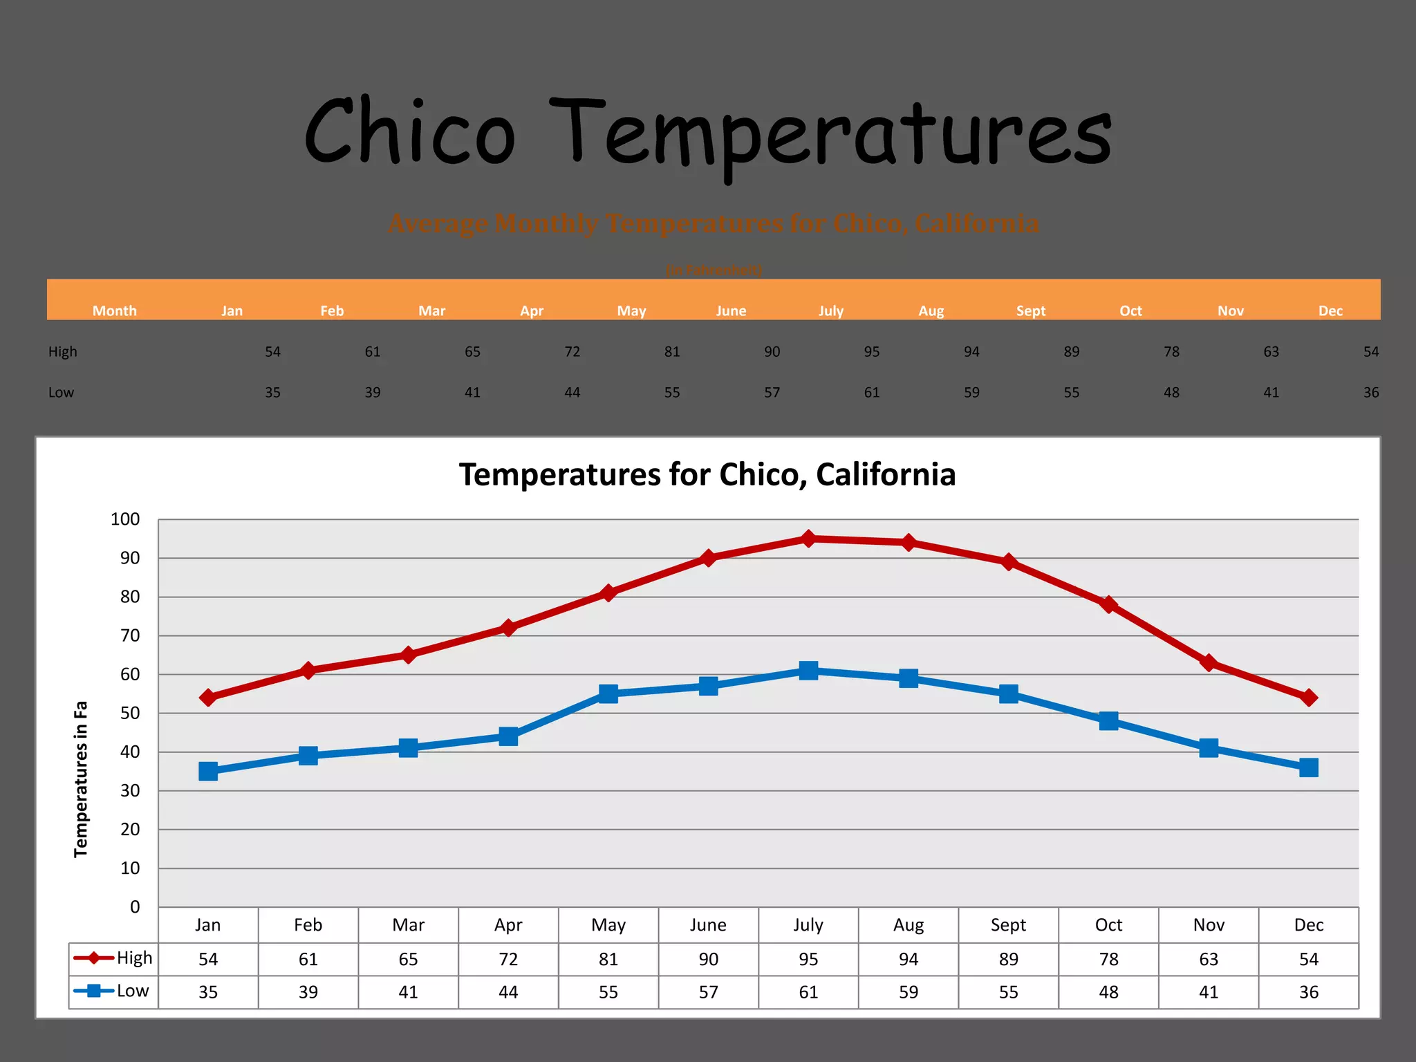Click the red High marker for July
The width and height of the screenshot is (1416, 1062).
click(x=808, y=539)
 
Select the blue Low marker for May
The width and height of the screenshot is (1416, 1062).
click(x=608, y=693)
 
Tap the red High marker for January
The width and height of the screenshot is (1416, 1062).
click(x=208, y=698)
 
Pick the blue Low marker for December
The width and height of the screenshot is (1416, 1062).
click(x=1308, y=767)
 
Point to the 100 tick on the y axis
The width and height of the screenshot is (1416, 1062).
click(x=125, y=519)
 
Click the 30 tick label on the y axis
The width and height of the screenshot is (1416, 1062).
click(x=130, y=790)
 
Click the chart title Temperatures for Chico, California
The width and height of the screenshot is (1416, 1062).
click(x=707, y=475)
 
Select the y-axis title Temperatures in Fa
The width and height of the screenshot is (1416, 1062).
click(x=81, y=779)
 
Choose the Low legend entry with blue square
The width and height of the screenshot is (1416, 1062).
click(x=113, y=991)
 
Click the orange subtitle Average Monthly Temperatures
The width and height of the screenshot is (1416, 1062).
click(x=713, y=223)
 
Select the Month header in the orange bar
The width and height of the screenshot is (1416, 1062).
click(x=115, y=310)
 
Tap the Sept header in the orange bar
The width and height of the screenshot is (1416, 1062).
click(x=1030, y=310)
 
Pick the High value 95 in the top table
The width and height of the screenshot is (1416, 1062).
click(x=871, y=351)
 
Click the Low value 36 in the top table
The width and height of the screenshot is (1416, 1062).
click(x=1370, y=392)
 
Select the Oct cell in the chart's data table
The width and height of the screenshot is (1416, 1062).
click(x=1108, y=925)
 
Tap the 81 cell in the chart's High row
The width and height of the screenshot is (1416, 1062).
click(x=608, y=959)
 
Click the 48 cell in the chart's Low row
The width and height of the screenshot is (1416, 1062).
click(x=1108, y=992)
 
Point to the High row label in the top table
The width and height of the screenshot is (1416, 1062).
click(x=63, y=351)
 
